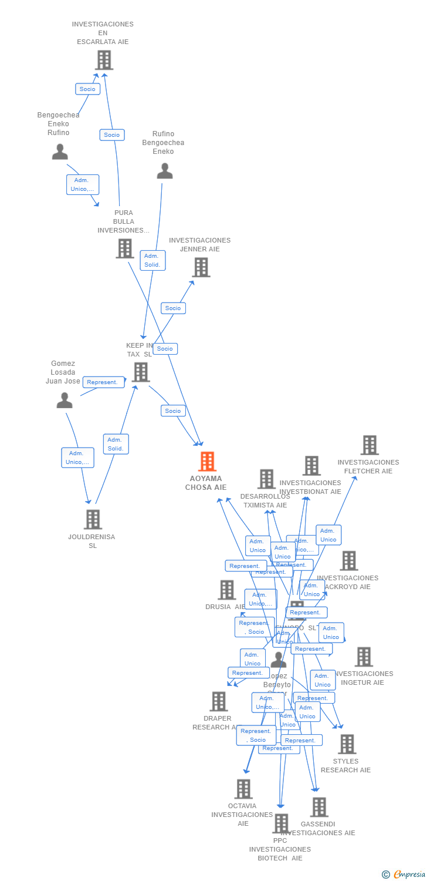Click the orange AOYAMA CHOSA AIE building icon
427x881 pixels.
tap(207, 462)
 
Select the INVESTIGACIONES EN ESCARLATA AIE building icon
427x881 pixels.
tap(104, 60)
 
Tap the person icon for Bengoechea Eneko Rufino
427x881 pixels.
tap(60, 152)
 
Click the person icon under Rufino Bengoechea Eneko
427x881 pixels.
tap(165, 171)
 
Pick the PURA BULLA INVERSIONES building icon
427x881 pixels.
tap(124, 248)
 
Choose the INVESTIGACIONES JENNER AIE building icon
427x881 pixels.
tap(201, 267)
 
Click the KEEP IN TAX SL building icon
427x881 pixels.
tap(141, 372)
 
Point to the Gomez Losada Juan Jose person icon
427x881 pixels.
tap(65, 401)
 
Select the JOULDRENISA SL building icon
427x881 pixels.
tap(93, 519)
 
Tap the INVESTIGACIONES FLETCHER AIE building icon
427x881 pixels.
tap(370, 445)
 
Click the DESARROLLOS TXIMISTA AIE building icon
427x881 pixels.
tap(266, 479)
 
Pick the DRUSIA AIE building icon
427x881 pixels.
tap(227, 590)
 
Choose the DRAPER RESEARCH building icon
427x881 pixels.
tap(219, 701)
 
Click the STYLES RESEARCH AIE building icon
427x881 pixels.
tap(347, 744)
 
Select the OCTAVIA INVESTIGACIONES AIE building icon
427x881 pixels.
tap(243, 789)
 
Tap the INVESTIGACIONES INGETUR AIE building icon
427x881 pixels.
tap(364, 657)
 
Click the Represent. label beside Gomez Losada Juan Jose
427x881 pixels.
tap(104, 382)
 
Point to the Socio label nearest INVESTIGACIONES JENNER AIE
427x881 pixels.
tap(173, 308)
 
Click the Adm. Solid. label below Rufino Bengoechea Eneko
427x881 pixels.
tap(152, 261)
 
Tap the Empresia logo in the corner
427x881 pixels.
tap(405, 875)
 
